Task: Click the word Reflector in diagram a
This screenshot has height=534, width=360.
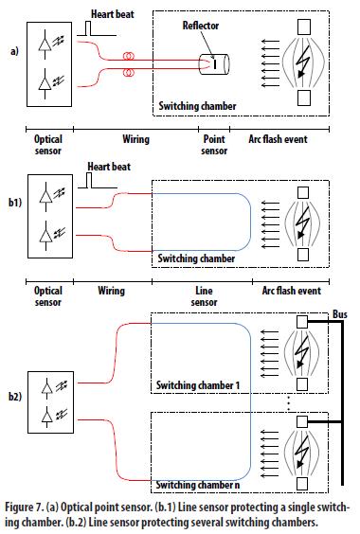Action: point(201,26)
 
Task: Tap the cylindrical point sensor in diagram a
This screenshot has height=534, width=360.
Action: point(214,64)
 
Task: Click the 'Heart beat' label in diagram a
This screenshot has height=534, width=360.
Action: point(112,14)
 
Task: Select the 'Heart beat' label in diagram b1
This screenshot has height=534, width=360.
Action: point(109,167)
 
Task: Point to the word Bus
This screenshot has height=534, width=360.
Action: point(339,314)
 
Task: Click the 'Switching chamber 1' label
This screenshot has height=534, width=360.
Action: point(198,385)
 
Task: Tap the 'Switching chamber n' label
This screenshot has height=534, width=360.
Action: point(198,485)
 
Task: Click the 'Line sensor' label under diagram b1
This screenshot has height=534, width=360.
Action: point(204,296)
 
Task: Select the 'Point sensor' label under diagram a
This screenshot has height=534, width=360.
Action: point(214,145)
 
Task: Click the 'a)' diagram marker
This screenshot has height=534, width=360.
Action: point(14,51)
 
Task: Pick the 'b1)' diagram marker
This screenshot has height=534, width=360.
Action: point(15,203)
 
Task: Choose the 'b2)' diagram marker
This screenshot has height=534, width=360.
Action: point(15,397)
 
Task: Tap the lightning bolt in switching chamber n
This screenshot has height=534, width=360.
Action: point(302,451)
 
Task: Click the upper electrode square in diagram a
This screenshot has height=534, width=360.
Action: point(304,27)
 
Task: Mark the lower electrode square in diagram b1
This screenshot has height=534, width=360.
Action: point(303,255)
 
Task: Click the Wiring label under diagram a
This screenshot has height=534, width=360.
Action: point(136,139)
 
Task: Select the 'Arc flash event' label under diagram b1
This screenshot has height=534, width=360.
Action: point(292,291)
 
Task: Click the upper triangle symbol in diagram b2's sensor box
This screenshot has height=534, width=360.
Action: point(47,387)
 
